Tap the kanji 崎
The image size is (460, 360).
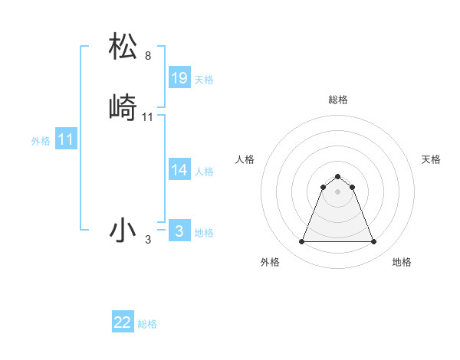pos(123,106)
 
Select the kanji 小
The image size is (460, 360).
pos(123,229)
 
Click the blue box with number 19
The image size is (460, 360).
pos(179,78)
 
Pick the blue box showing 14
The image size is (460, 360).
pos(179,170)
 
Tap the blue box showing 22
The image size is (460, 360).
pos(123,322)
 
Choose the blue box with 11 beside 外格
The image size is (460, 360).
pos(66,140)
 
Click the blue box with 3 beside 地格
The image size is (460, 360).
pos(179,231)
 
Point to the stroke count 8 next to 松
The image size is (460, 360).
pos(148,56)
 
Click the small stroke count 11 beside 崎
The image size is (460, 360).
pos(148,117)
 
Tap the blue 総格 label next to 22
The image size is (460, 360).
pos(147,324)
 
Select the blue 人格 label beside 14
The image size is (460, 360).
pos(204,172)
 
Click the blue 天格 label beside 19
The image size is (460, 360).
pos(204,80)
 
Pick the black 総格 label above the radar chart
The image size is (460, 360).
pos(338,100)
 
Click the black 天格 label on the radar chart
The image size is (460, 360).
pos(431,159)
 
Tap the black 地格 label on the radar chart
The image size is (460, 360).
pos(402,262)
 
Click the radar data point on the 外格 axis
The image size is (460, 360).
pos(301,242)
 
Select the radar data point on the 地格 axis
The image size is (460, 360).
pos(374,242)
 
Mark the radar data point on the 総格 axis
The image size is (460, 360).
pos(337,176)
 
